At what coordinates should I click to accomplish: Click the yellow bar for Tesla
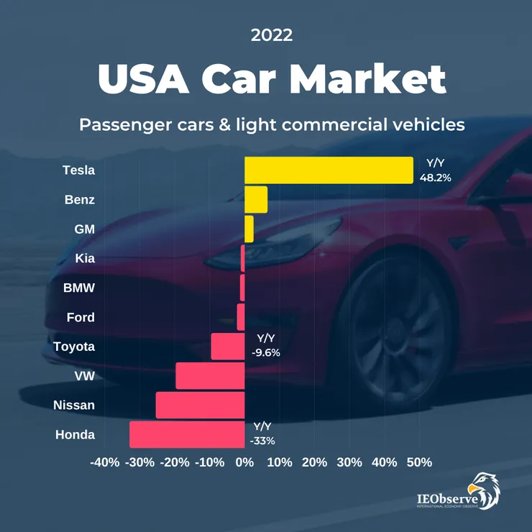click(x=329, y=170)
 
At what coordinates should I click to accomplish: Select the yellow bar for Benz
click(x=256, y=200)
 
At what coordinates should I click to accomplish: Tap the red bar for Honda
click(x=187, y=434)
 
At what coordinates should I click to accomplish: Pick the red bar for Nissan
click(x=200, y=405)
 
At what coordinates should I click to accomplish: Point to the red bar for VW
click(x=210, y=376)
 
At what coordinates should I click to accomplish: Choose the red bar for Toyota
click(x=228, y=347)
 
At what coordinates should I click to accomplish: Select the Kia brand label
click(x=86, y=258)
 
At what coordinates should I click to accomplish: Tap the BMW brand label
click(x=79, y=288)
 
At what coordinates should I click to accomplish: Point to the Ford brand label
click(x=81, y=317)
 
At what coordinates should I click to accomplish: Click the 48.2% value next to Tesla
click(x=435, y=177)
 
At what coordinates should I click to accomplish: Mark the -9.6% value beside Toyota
click(x=266, y=353)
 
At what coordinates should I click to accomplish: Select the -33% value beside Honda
click(x=262, y=441)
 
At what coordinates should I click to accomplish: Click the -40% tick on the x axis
click(x=105, y=462)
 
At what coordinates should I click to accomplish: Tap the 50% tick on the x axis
click(x=419, y=462)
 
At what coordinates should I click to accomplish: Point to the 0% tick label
click(x=244, y=462)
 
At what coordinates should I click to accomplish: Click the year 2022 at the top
click(x=272, y=35)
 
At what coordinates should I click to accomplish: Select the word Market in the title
click(x=369, y=79)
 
